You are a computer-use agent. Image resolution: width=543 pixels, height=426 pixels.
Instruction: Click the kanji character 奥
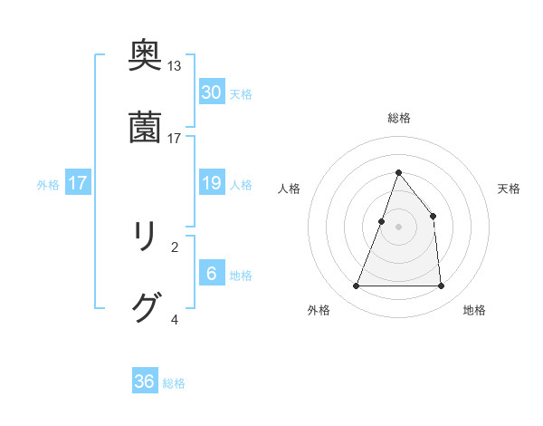pos(146,56)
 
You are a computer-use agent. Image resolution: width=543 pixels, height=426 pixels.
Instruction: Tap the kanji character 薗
pos(146,128)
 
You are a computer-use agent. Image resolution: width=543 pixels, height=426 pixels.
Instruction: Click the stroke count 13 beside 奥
pos(175,66)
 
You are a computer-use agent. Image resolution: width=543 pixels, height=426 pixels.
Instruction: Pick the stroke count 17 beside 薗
pos(175,138)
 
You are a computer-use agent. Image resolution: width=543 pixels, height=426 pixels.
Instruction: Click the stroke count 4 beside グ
pos(175,319)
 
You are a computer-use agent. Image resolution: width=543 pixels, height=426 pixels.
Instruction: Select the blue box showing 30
pos(211,92)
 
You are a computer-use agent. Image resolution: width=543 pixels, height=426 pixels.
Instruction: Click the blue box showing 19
pos(211,183)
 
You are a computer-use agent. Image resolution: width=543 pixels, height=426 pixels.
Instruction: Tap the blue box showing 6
pos(211,274)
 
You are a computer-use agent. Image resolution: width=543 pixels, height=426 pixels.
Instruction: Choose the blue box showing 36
pos(145,382)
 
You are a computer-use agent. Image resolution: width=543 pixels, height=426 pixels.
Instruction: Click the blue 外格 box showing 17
pos(78,183)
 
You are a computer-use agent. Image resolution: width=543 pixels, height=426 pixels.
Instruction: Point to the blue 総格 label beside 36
pos(174,383)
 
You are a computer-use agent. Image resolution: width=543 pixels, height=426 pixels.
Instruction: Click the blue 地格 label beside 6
pos(241,276)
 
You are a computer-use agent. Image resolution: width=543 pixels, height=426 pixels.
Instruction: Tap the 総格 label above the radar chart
pos(398,118)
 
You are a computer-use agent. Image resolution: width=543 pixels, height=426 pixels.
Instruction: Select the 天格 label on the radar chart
pos(509,189)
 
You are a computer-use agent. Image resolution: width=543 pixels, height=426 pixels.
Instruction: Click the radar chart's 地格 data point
pos(441,286)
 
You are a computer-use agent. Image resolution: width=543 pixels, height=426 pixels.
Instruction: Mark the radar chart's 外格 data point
pos(356,286)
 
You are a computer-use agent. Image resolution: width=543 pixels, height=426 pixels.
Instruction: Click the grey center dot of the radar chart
pos(398,227)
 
